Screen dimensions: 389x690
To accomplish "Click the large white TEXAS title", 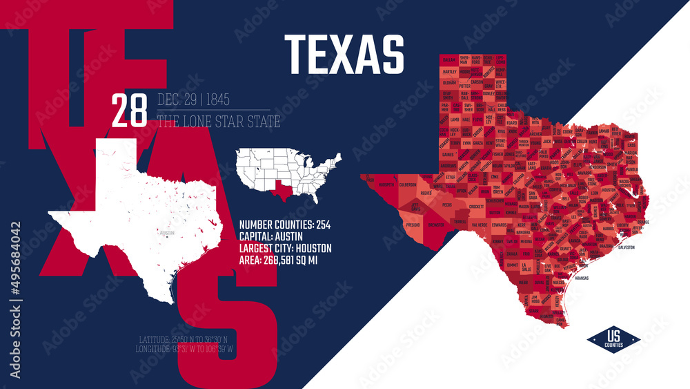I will click(344, 54).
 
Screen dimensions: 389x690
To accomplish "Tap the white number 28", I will click(129, 111).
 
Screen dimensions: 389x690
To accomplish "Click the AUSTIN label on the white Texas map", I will click(166, 233).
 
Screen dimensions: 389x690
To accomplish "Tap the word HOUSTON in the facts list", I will click(315, 247).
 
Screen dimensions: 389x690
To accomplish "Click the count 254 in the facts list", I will click(321, 224).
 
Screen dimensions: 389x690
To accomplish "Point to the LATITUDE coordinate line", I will click(188, 339).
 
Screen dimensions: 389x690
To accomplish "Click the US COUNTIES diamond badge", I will click(613, 339).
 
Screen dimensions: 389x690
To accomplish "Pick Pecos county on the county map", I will click(447, 205).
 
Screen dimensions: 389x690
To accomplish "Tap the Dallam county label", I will click(450, 61).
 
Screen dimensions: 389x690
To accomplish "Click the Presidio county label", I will click(413, 225).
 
